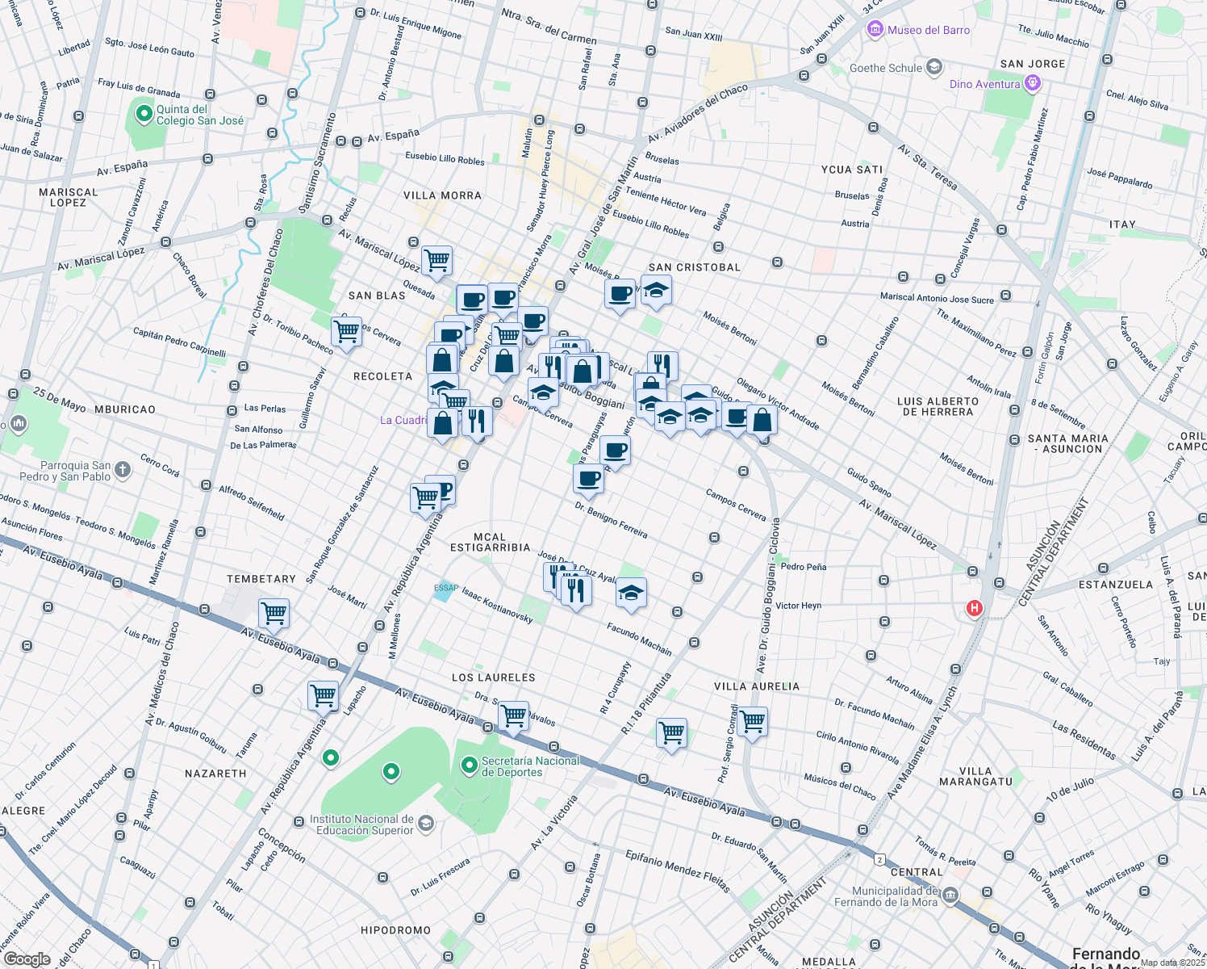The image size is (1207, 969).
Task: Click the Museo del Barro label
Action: click(928, 30)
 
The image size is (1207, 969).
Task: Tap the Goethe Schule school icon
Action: click(934, 67)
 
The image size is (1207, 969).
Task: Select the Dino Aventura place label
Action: click(984, 84)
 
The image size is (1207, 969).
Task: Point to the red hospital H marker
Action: click(975, 608)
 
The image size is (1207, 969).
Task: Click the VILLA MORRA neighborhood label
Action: click(442, 195)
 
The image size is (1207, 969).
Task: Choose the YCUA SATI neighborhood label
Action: click(852, 170)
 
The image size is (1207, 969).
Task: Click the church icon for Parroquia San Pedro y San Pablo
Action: click(122, 469)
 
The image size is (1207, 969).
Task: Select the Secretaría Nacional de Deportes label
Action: click(530, 766)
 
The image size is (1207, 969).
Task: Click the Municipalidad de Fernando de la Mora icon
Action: click(950, 895)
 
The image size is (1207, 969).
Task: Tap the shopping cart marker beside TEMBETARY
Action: click(274, 613)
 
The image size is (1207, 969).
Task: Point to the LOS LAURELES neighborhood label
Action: click(493, 677)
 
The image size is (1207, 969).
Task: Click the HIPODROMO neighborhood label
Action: click(395, 930)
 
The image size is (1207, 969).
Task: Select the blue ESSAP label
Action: click(445, 588)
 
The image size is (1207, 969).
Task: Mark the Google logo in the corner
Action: click(27, 959)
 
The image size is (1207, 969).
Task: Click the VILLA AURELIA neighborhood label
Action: click(757, 686)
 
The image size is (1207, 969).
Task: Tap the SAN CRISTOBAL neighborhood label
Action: click(694, 267)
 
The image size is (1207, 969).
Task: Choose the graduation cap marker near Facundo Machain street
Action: click(631, 594)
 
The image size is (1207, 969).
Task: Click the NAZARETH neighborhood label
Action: click(215, 774)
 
